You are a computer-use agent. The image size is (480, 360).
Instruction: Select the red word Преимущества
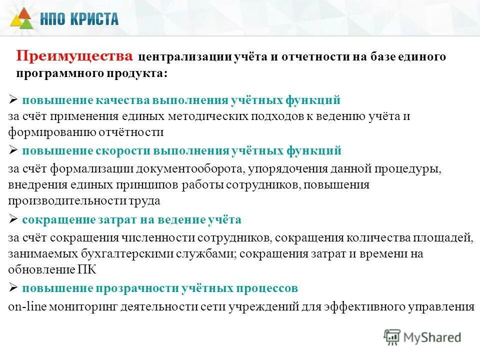(75, 55)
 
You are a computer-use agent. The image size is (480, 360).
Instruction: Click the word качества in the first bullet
(109, 100)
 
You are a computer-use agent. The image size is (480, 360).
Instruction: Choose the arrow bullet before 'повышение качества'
(13, 99)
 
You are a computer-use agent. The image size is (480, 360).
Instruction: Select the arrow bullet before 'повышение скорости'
(13, 150)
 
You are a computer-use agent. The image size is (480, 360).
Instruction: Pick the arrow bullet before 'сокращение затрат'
(13, 218)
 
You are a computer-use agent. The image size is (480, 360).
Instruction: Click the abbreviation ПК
(84, 269)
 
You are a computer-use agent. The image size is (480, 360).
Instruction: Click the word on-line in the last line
(27, 306)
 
